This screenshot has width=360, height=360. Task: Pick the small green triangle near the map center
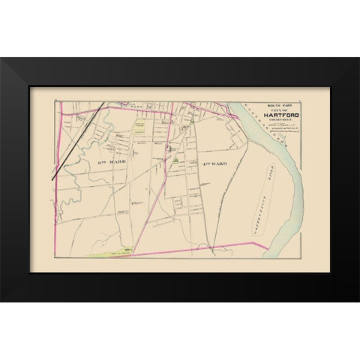175,158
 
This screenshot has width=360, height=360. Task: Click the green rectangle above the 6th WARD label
139,127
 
